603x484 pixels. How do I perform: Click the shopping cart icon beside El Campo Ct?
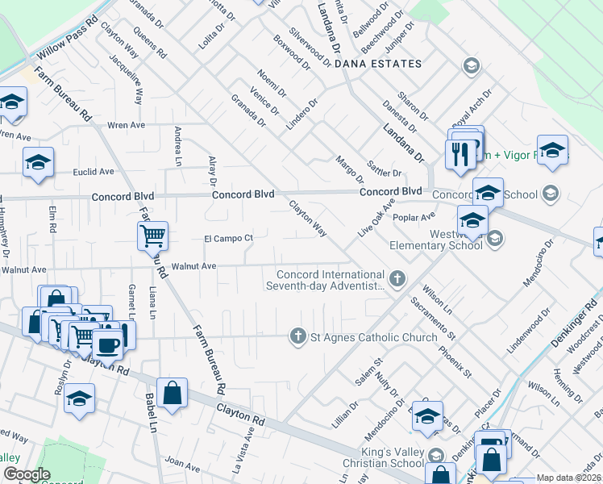[152, 236]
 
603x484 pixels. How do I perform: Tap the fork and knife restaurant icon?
[460, 153]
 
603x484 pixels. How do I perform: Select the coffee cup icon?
[108, 345]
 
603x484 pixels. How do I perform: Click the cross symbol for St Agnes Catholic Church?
[298, 336]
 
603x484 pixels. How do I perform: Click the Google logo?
[27, 474]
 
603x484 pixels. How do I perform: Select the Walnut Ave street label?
[193, 265]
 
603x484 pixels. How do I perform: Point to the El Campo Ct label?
[228, 238]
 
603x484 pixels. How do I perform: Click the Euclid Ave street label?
[94, 172]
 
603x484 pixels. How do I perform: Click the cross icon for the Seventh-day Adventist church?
[396, 278]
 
